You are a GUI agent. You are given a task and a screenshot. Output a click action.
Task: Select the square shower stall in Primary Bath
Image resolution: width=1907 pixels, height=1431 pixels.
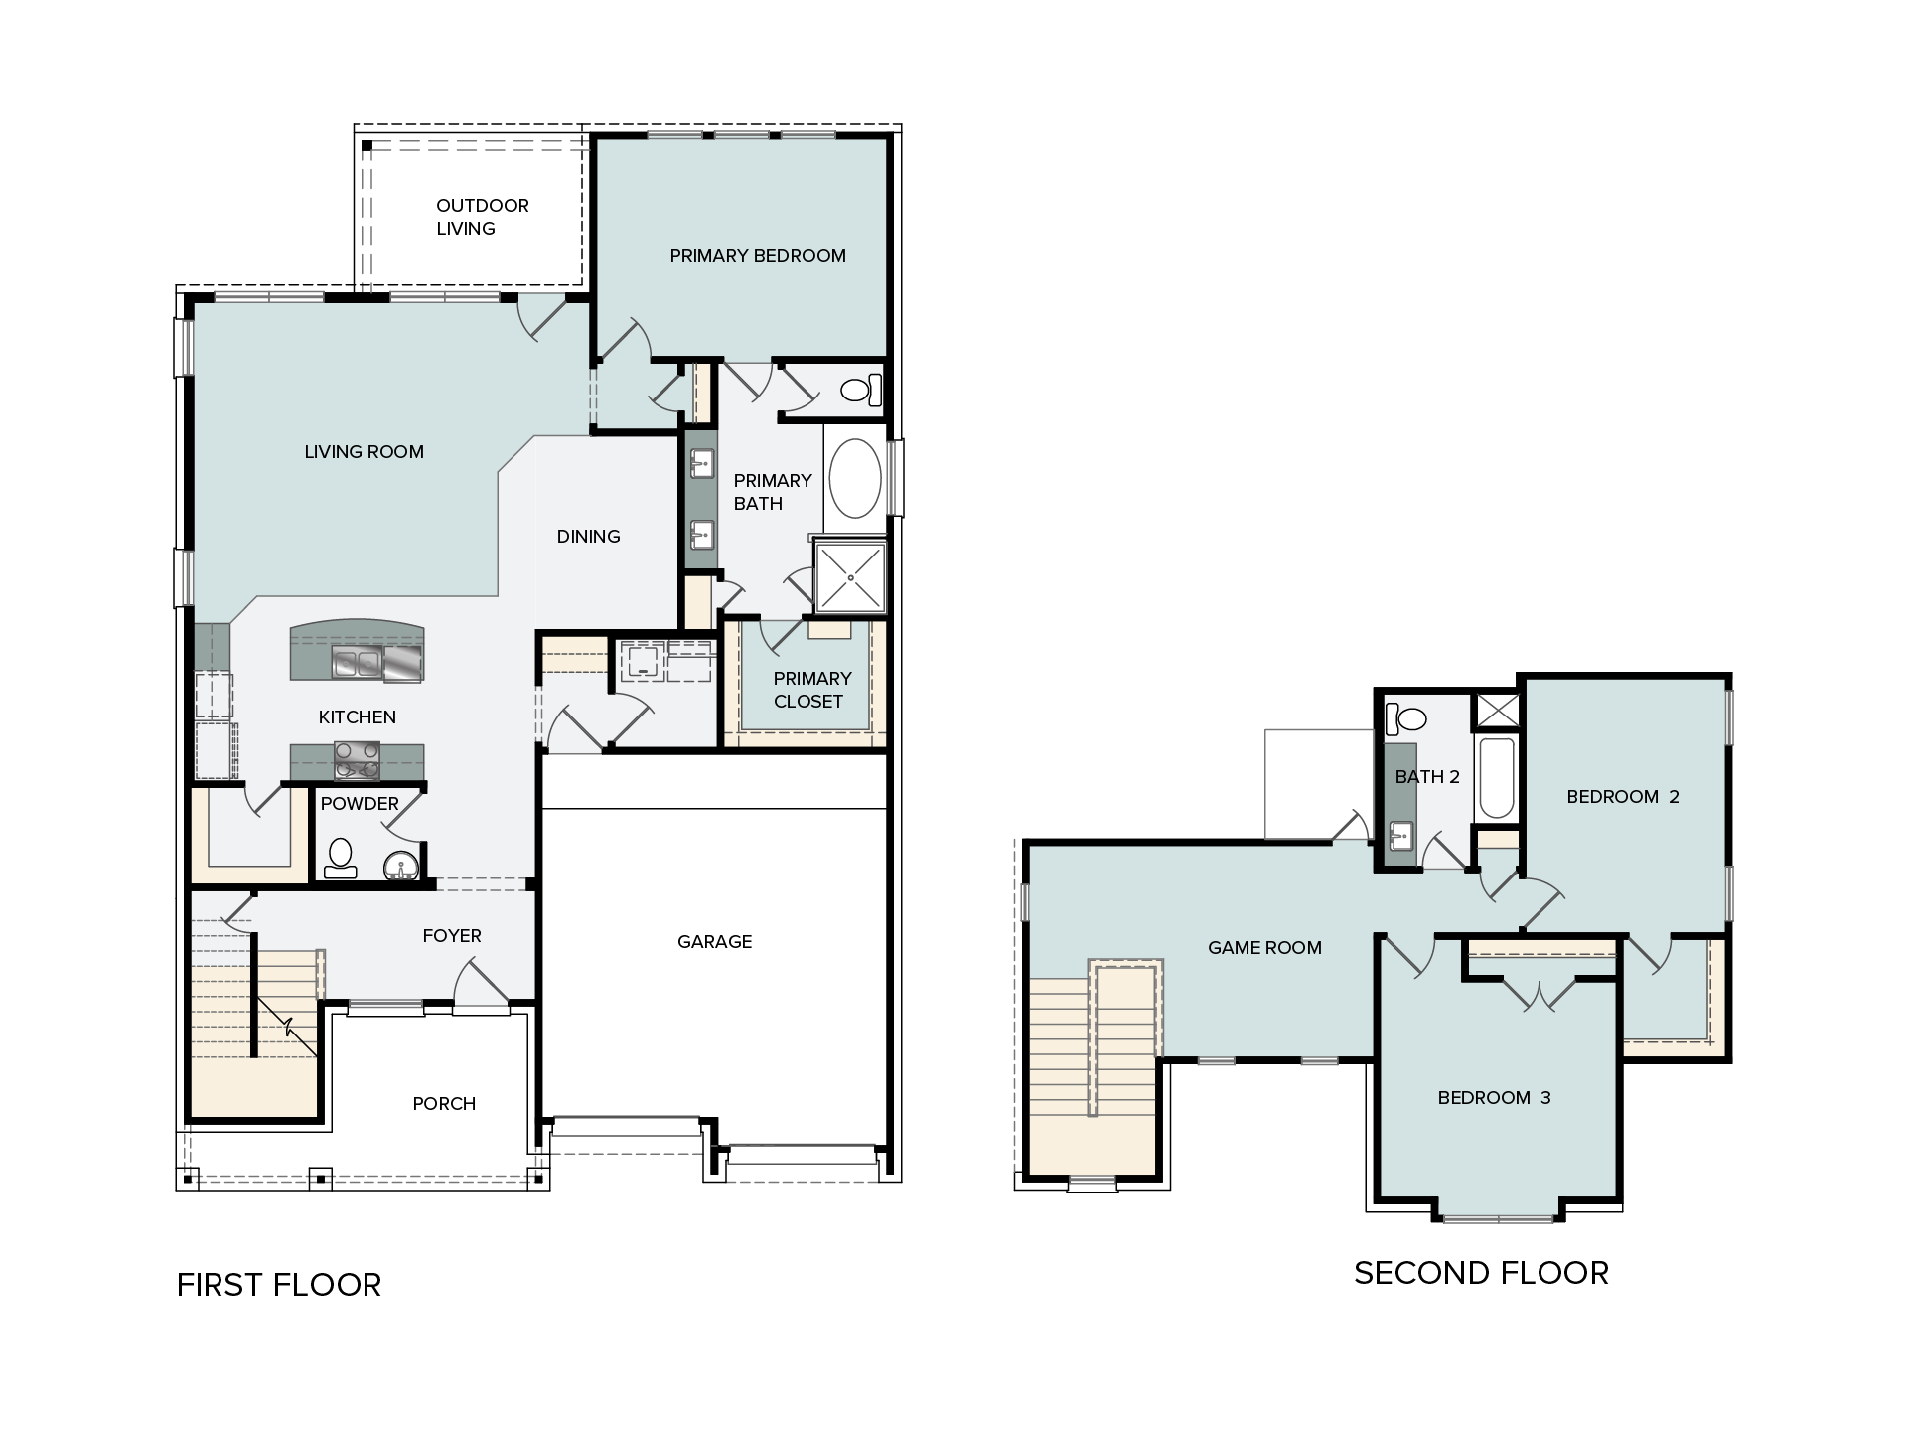coord(850,577)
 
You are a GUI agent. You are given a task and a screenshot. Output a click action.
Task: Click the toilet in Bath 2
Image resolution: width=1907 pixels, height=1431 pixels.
coord(1405,716)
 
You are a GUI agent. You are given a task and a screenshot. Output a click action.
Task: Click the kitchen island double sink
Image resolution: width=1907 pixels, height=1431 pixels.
coord(358,662)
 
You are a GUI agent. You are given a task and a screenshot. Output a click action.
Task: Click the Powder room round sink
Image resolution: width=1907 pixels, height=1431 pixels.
coord(402,868)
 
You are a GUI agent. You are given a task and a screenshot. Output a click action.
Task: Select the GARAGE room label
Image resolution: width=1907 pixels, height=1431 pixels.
coord(715,941)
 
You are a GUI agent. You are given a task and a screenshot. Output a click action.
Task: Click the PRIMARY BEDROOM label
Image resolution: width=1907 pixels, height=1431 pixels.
coord(758,256)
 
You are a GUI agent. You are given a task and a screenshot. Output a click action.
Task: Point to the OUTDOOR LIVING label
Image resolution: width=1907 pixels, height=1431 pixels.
coord(483,217)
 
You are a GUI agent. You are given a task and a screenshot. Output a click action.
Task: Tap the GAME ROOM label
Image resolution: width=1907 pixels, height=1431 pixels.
coord(1264,948)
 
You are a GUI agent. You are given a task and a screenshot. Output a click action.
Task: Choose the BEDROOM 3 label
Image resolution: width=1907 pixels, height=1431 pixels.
coord(1494,1098)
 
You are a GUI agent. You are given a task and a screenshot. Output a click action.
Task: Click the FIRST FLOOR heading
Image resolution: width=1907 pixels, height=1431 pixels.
coord(279,1285)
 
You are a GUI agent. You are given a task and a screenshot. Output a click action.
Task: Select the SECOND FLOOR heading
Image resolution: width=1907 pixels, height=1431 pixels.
coord(1481,1273)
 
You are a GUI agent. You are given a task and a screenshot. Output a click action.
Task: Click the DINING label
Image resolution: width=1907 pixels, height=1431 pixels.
coord(589,537)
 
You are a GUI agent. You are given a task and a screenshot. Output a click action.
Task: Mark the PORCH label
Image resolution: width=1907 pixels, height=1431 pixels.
coord(444,1104)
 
